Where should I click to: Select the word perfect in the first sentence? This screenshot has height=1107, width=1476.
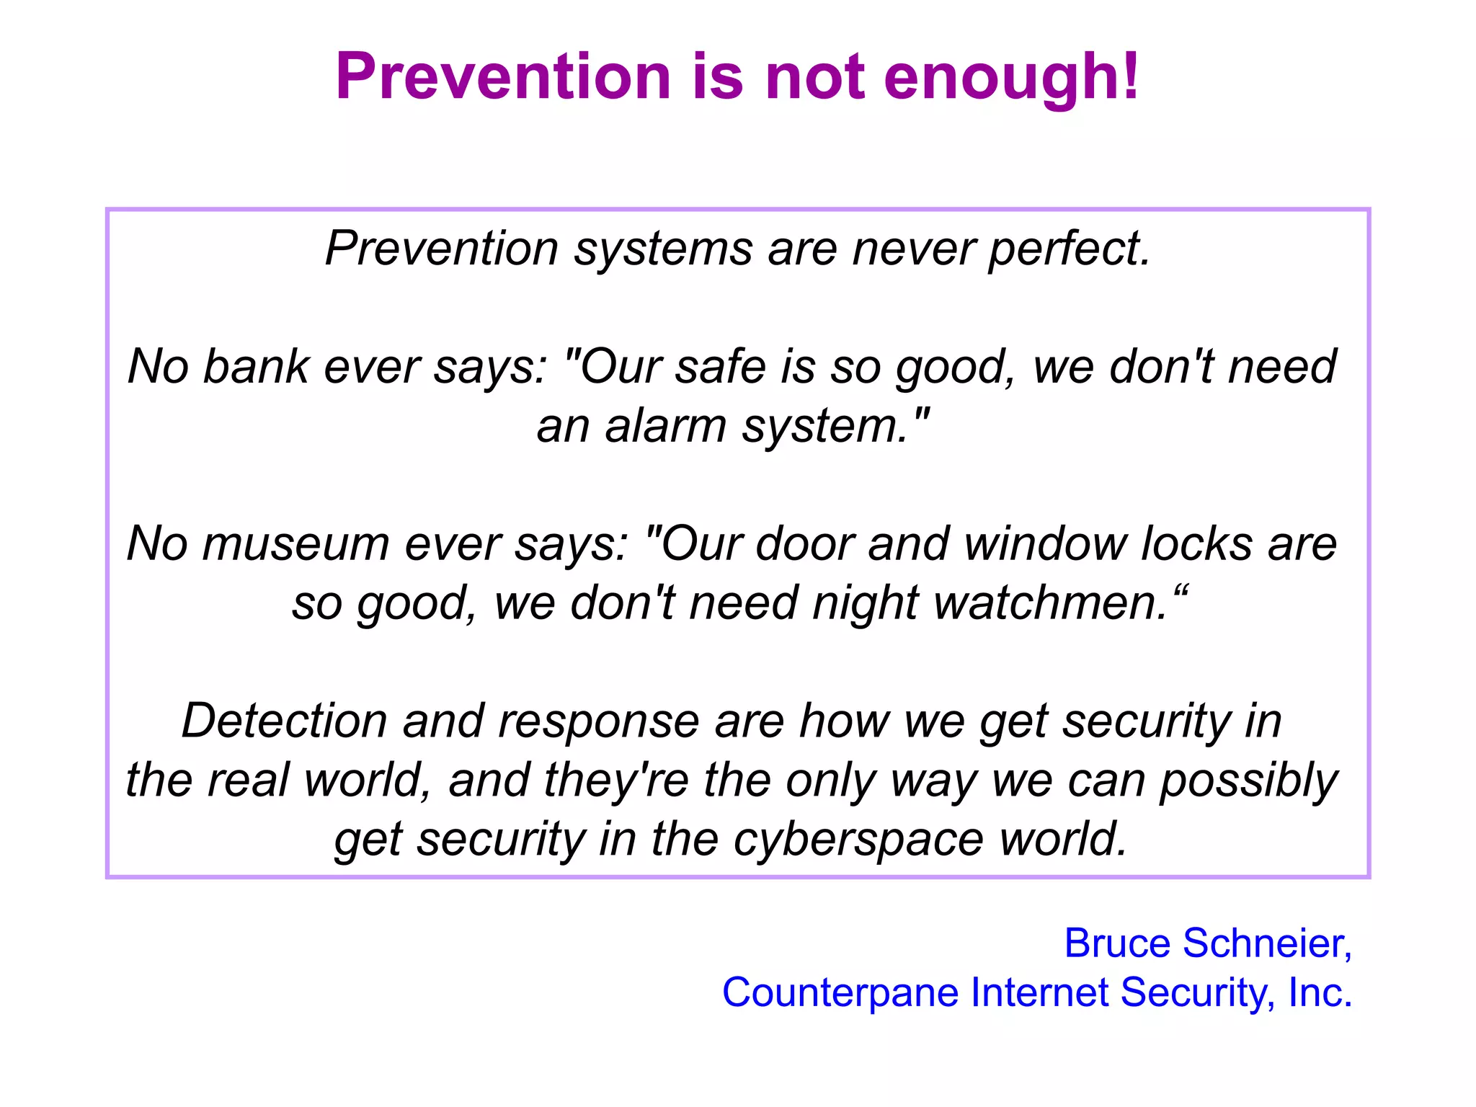click(x=1068, y=249)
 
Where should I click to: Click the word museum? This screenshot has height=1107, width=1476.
click(x=295, y=544)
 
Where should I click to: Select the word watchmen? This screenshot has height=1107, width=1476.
click(x=1050, y=603)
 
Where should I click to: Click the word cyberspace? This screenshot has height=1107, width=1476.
click(x=858, y=840)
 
